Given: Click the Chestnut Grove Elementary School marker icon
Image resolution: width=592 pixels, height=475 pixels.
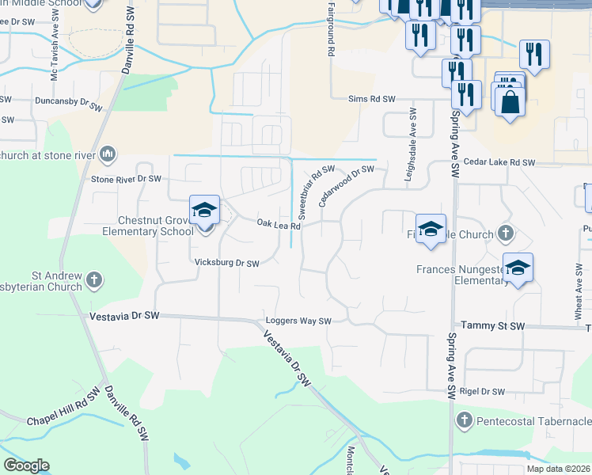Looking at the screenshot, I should (x=205, y=211).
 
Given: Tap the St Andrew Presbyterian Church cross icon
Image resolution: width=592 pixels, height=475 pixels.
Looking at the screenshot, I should (x=94, y=279).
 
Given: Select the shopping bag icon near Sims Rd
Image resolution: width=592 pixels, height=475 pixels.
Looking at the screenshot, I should (x=510, y=101).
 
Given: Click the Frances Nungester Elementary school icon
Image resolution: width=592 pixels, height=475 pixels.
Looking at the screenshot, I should (x=518, y=269).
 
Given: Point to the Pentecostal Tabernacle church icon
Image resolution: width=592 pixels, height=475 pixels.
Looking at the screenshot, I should (x=464, y=420).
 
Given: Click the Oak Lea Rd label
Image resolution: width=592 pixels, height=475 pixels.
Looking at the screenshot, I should (x=279, y=225).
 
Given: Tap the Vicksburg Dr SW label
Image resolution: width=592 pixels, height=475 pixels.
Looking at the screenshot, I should (x=227, y=263).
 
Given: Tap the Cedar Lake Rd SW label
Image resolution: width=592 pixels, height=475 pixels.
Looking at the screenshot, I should (x=500, y=163).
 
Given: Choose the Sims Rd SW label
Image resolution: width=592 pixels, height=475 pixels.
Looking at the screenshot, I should (x=371, y=99).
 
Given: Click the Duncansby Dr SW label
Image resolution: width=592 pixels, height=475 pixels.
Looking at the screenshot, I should (x=68, y=103).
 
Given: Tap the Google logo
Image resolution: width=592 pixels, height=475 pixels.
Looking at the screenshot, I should (x=26, y=465).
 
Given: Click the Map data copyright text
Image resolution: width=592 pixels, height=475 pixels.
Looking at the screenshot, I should (x=558, y=469).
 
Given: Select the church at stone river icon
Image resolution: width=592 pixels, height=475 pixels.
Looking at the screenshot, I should (x=108, y=154).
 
